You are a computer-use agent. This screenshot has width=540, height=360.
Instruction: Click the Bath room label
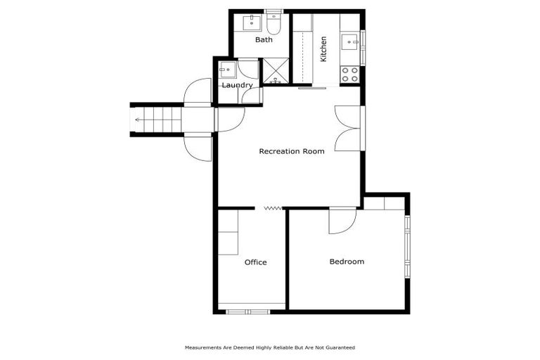(264, 40)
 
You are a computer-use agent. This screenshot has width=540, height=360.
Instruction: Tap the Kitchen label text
(323, 49)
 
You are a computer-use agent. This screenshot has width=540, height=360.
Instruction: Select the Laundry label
(237, 86)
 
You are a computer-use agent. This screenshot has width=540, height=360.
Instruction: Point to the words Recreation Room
(292, 151)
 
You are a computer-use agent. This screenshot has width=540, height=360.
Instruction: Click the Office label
(255, 262)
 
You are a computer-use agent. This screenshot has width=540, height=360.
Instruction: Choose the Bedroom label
(347, 262)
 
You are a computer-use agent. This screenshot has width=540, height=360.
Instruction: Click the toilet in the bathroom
(274, 25)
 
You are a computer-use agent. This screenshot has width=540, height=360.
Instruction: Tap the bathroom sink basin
(250, 23)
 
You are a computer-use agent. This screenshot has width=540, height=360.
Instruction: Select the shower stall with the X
(275, 71)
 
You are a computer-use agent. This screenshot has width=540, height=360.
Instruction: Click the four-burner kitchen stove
(349, 75)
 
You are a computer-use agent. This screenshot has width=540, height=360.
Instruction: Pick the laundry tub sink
(226, 69)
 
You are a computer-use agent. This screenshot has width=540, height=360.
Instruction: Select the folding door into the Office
(272, 207)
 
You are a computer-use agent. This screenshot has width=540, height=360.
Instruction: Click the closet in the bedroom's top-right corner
(384, 203)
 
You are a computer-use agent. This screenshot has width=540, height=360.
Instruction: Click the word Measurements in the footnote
(202, 347)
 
